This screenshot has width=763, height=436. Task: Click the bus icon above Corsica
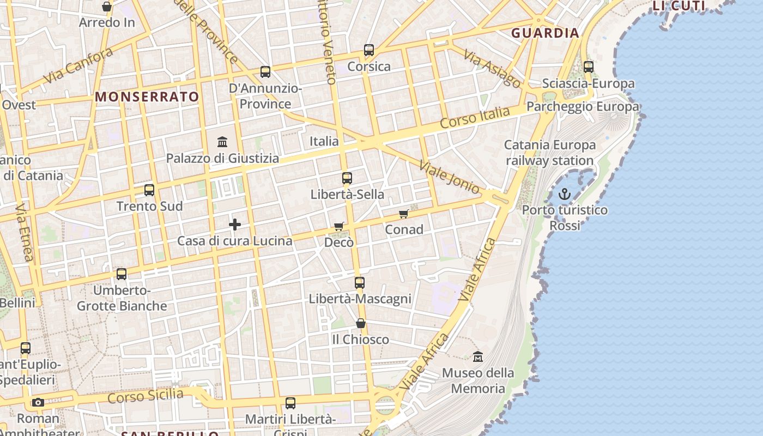pos(369,50)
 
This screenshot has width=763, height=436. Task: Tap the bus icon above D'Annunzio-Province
pos(265,71)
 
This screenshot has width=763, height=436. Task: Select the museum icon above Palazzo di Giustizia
pos(222,142)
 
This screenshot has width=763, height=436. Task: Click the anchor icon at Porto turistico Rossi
pos(565,193)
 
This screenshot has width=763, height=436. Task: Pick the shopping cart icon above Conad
pos(404,214)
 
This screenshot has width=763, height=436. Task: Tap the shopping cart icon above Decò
pos(339,226)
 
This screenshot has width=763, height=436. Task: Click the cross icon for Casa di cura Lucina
pos(235,225)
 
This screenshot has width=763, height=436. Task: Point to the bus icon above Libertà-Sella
pos(347,178)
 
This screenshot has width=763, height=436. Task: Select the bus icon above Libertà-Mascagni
pos(360,282)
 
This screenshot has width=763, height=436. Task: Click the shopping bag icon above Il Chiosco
pos(361,323)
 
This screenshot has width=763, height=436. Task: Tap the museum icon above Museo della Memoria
pos(478,357)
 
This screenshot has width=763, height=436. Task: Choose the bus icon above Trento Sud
pos(149,190)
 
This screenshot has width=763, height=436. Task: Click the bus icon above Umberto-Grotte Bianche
pos(122,274)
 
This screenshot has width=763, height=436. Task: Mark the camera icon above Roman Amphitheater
pos(38,403)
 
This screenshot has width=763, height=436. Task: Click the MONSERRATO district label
pos(147,97)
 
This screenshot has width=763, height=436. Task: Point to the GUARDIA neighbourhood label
pos(545,33)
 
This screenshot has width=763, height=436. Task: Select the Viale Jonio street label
pos(449,177)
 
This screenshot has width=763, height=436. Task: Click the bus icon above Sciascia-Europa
pos(589,67)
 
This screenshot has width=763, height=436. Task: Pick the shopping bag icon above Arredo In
pos(107,7)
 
